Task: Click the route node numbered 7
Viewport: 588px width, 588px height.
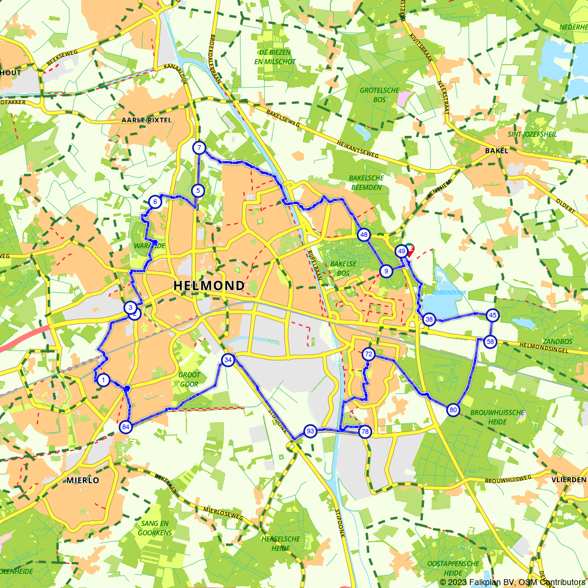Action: (x=199, y=148)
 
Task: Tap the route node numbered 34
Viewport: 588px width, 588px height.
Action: (x=228, y=360)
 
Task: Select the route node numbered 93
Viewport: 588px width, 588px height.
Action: (x=310, y=432)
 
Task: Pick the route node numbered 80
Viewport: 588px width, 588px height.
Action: (x=453, y=410)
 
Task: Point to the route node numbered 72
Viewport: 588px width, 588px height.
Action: (x=369, y=354)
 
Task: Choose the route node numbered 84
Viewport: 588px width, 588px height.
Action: (x=125, y=427)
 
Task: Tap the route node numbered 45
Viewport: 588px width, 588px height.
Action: (x=493, y=315)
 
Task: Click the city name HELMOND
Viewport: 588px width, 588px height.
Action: (x=209, y=286)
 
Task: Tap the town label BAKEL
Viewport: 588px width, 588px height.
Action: (x=496, y=151)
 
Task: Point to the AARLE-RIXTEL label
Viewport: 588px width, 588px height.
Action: (x=146, y=120)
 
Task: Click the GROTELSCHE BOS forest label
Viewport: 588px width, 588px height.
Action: (x=379, y=95)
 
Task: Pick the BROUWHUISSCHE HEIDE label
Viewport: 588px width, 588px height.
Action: (x=497, y=417)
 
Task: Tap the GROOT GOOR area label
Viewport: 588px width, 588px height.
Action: (x=189, y=379)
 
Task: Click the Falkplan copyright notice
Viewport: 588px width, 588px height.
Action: (x=512, y=582)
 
